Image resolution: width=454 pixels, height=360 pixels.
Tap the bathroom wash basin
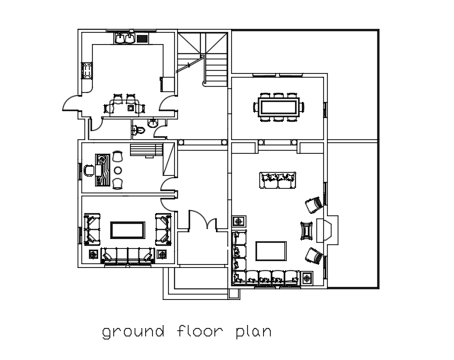tap(152, 122)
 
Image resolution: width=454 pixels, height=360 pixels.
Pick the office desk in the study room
tap(100, 169)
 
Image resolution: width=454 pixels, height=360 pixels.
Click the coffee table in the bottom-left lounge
tap(127, 229)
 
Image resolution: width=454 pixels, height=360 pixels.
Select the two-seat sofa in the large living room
tap(278, 181)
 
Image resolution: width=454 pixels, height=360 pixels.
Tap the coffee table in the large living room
tap(271, 251)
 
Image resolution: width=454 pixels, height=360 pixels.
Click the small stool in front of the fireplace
tap(306, 231)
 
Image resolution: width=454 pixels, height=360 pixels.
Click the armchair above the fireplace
tap(313, 205)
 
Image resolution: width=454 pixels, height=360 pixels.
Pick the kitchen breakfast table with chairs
tap(125, 105)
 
